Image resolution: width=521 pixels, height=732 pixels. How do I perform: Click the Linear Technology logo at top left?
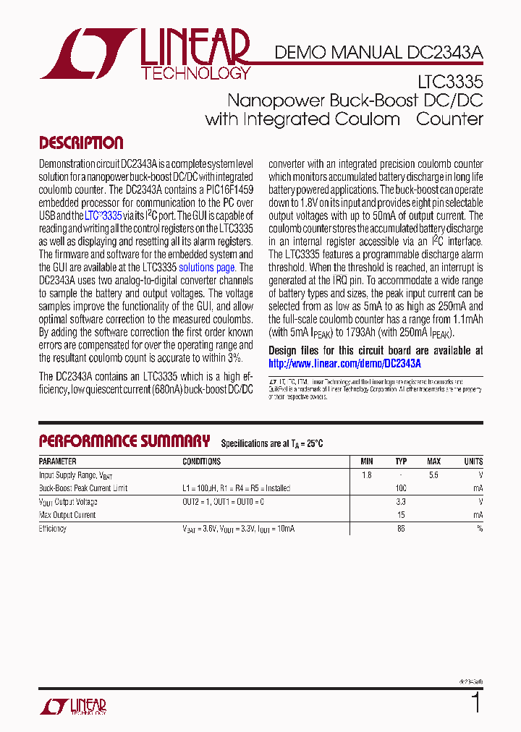pos(145,54)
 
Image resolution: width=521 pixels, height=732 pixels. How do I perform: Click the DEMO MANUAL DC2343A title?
pos(378,52)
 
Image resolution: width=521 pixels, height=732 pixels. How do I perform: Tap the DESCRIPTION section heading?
pos(81,143)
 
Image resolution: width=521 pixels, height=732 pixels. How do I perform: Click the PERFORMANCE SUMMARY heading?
pos(124,441)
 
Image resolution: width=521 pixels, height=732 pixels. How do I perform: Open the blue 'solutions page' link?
pos(207,268)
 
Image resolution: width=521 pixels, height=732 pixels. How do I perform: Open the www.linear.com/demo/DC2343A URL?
pos(344,364)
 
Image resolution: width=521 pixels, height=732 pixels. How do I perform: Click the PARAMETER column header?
pos(57,461)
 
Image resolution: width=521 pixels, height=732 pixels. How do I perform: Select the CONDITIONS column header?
pos(202,461)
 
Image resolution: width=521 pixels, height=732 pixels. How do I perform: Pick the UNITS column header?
pos(473,461)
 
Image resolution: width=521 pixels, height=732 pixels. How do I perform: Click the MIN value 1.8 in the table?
pos(366,475)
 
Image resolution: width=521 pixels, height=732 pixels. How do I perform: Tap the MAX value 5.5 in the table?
pos(433,475)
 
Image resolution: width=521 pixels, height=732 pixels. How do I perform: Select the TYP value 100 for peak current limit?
pos(401,489)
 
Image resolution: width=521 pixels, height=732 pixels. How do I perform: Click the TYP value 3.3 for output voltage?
pos(401,502)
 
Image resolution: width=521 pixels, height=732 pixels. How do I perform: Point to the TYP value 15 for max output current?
pos(401,516)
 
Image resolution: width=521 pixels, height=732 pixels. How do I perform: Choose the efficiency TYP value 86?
pos(401,529)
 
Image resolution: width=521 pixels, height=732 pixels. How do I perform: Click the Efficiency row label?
pos(53,529)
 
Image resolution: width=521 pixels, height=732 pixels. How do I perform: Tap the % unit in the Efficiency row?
pos(480,529)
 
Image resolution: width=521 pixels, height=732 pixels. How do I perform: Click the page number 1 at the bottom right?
pos(475,702)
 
